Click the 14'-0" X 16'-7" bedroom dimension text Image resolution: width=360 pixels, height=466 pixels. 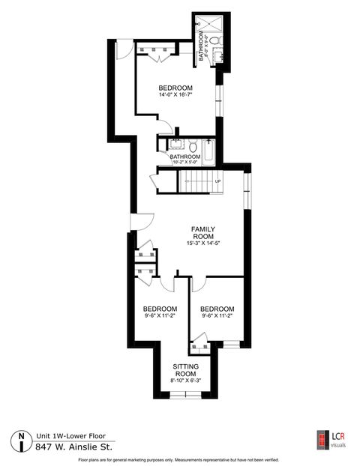point(181,95)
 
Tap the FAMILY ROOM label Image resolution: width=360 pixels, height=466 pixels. point(203,232)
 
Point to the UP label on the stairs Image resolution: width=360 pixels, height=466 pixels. point(217,182)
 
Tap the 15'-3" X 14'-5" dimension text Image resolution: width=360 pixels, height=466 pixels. point(203,243)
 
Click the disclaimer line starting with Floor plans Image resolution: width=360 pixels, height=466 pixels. point(179,459)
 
